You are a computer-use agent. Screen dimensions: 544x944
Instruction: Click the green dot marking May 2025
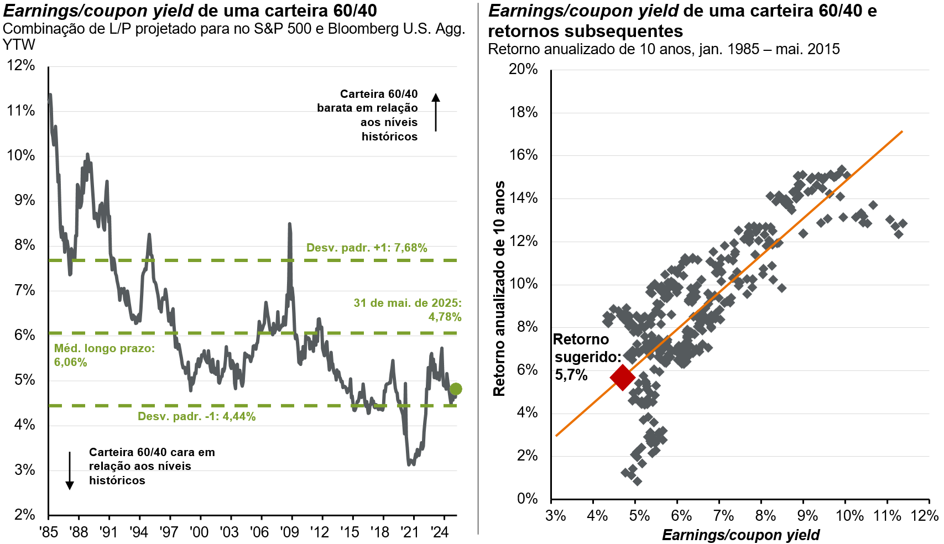coord(456,389)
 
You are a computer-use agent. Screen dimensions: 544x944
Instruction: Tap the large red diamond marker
coord(622,377)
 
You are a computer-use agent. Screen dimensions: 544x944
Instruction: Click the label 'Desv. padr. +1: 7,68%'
coord(367,248)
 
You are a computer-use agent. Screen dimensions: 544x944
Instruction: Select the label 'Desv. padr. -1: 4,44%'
coord(196,416)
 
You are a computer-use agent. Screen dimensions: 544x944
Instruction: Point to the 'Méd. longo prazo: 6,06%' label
coord(104,355)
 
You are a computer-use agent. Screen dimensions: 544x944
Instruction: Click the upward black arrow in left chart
coord(436,112)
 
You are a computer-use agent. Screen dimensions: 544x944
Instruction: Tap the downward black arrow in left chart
coord(70,470)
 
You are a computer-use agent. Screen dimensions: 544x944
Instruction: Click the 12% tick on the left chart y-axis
coord(21,65)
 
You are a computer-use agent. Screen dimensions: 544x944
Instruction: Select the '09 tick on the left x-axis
coord(289,532)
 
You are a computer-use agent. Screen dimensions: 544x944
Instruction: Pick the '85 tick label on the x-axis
coord(49,532)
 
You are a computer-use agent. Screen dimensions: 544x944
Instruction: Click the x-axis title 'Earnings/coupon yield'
coord(740,535)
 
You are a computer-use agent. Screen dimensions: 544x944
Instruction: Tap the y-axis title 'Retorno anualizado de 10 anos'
coord(499,289)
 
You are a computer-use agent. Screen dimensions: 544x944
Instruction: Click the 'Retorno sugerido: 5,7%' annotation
coord(586,357)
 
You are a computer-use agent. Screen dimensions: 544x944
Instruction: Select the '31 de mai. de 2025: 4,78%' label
coord(408,310)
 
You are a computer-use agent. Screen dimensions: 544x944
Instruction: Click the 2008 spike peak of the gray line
coord(289,224)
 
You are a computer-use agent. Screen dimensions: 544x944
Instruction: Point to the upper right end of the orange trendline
coord(902,132)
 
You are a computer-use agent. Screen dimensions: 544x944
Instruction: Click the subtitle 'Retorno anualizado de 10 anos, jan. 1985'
coord(664,49)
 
